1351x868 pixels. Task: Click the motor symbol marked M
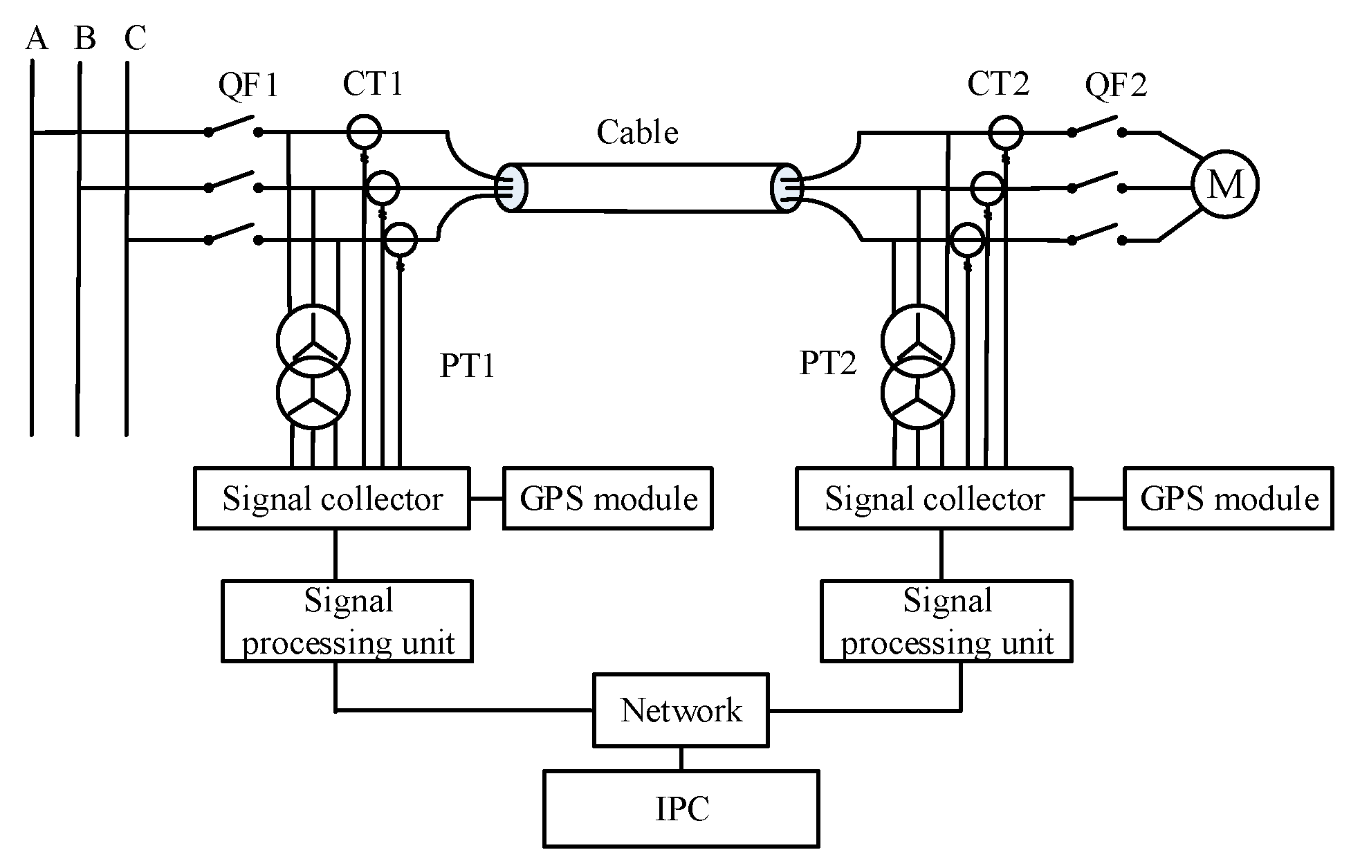pyautogui.click(x=1224, y=185)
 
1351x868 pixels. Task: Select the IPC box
pyautogui.click(x=681, y=809)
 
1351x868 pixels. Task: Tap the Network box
pyautogui.click(x=681, y=710)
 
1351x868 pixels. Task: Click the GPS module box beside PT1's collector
pyautogui.click(x=607, y=499)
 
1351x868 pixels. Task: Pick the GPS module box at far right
pyautogui.click(x=1228, y=499)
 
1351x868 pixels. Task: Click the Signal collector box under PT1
pyautogui.click(x=332, y=499)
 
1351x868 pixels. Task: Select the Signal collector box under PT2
pyautogui.click(x=934, y=499)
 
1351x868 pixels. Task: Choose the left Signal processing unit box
pyautogui.click(x=347, y=621)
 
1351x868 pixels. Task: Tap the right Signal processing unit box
pyautogui.click(x=946, y=621)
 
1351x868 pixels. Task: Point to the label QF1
pyautogui.click(x=248, y=86)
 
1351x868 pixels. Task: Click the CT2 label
pyautogui.click(x=998, y=84)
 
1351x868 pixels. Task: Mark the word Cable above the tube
pyautogui.click(x=637, y=132)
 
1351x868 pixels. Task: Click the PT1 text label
pyautogui.click(x=468, y=366)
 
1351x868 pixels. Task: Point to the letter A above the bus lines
pyautogui.click(x=37, y=39)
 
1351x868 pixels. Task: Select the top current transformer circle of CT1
pyautogui.click(x=363, y=131)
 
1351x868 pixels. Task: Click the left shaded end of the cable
pyautogui.click(x=511, y=187)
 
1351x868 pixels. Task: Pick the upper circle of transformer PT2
pyautogui.click(x=917, y=340)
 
